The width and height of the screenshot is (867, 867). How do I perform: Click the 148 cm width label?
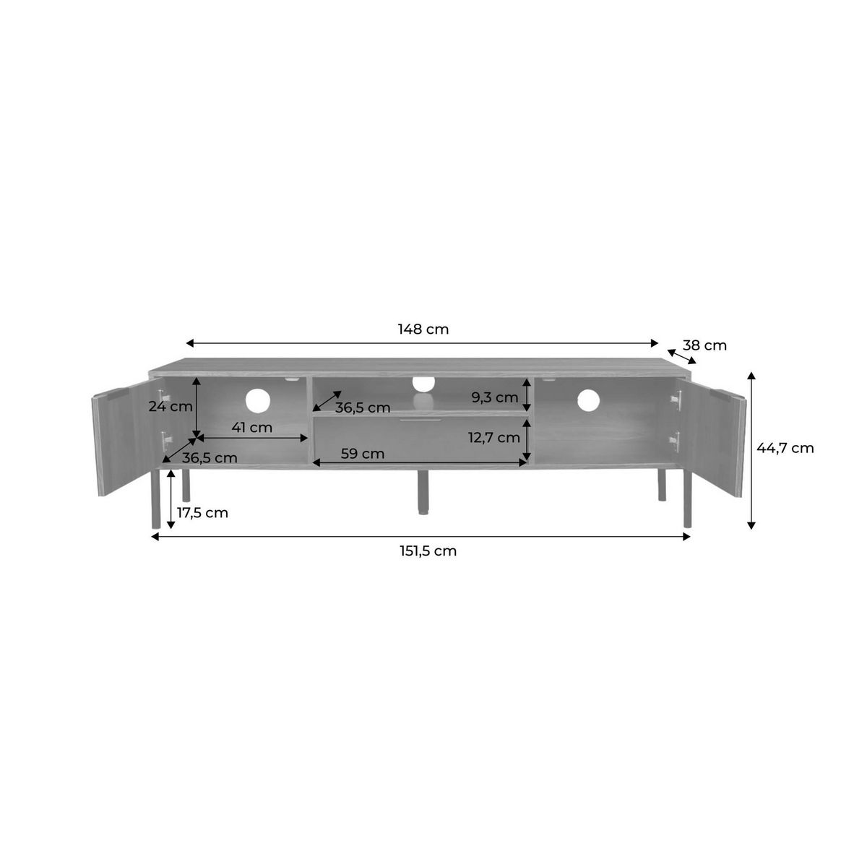pos(423,329)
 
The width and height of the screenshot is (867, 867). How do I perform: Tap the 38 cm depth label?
pos(704,345)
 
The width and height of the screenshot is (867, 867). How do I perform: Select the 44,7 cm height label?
pos(785,448)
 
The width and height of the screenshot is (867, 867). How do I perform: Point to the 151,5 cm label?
pos(428,551)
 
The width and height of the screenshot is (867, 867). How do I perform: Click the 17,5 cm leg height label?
pos(202,512)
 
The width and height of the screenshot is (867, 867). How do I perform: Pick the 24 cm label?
pos(171,406)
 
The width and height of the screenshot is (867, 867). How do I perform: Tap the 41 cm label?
pos(252,427)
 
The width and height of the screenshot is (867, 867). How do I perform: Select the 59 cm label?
pos(363,454)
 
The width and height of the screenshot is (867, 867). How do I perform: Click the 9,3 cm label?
pos(495,397)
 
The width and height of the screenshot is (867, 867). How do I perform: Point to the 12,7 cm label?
pos(494,437)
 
